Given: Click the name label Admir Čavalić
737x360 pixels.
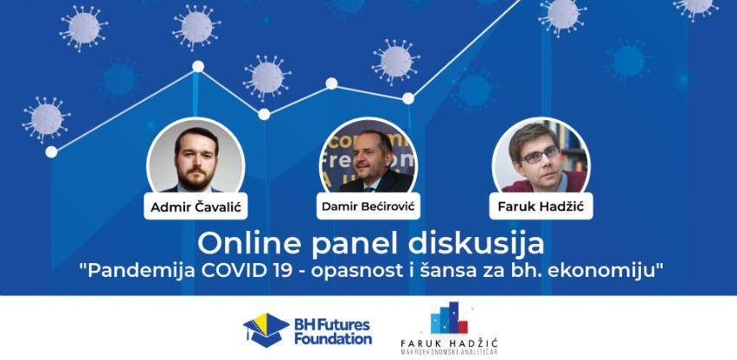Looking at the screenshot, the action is coord(195,206).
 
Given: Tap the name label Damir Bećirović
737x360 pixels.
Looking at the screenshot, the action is coord(368,206).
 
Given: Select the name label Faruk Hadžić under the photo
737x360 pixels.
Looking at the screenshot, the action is coord(541,206).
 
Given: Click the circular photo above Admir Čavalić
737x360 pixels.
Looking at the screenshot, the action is coord(195,157).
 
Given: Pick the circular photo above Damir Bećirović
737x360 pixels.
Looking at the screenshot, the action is coord(368,157).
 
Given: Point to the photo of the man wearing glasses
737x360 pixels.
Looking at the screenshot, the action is coord(541,157).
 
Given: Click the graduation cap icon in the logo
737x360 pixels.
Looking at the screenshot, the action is coord(266,330).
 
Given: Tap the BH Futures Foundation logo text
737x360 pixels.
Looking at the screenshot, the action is coord(333,331).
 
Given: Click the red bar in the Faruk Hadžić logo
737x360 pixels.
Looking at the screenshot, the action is coord(463,326).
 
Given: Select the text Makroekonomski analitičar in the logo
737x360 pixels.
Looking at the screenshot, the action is coord(449,351).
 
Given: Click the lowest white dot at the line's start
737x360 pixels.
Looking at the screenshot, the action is coord(51,151).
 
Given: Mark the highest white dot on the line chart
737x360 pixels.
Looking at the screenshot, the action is coord(198,67).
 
